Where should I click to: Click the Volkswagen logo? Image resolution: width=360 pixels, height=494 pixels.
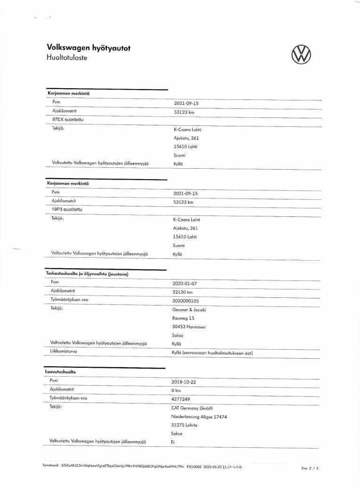point(302,54)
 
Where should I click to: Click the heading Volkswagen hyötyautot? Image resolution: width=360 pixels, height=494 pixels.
point(89,48)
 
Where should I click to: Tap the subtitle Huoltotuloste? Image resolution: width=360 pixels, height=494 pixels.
point(67,58)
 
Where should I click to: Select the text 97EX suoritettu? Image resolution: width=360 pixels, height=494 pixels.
point(68,120)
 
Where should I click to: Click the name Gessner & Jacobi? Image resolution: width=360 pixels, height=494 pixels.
point(189,309)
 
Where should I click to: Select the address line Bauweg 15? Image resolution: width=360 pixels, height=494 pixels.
point(183,318)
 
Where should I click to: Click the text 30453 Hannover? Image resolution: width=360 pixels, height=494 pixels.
point(189,327)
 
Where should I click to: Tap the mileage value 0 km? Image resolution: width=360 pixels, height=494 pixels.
point(176,390)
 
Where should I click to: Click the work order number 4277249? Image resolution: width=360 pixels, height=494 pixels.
point(180,399)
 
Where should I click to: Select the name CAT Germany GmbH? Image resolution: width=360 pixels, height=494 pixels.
point(192,408)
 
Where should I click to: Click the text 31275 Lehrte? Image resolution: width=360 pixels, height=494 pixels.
point(184,425)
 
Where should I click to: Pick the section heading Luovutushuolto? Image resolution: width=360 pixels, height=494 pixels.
point(60,371)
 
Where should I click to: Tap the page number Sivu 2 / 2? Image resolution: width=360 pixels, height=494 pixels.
point(310,468)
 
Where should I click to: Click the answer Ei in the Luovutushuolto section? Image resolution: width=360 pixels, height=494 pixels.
point(172,442)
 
